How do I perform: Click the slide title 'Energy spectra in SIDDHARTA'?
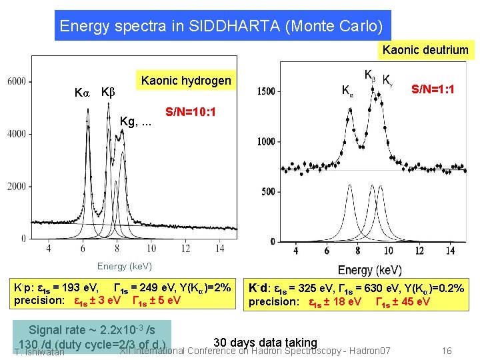tap(221, 26)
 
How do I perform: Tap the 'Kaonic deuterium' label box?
tap(425, 50)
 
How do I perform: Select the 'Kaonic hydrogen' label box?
tap(186, 81)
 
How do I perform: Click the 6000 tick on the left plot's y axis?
tap(17, 81)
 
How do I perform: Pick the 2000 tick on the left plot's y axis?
tap(17, 186)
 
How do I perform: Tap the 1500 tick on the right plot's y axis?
tap(266, 91)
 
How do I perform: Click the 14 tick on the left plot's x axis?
tap(220, 249)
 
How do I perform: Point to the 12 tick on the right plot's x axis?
tap(419, 251)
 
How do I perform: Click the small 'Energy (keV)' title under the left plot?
tap(125, 267)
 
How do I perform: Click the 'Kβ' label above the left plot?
tap(108, 91)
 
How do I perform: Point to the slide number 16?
tap(447, 351)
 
